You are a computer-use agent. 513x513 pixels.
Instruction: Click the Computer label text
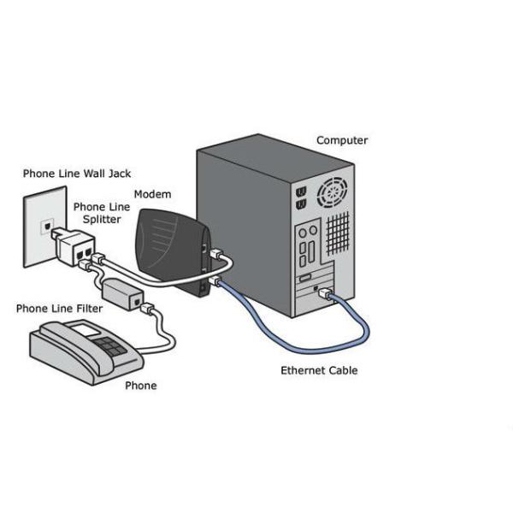coord(342,140)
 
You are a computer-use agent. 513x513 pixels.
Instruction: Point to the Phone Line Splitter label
coord(101,214)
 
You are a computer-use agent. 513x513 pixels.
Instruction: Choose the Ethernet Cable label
coord(319,370)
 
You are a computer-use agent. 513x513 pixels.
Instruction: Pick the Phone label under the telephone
coord(141,386)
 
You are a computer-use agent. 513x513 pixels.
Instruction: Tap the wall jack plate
coord(43,227)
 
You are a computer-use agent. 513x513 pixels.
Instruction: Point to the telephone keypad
coord(110,345)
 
